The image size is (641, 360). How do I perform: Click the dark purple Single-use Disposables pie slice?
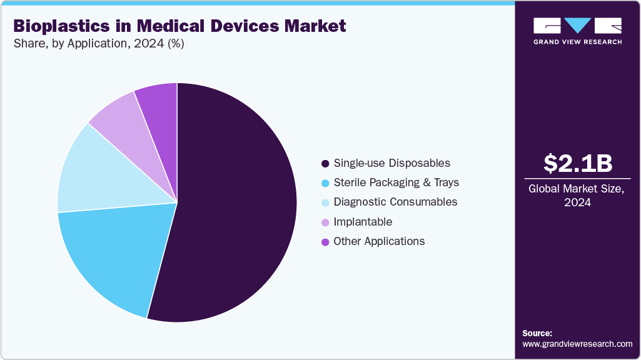(x=238, y=206)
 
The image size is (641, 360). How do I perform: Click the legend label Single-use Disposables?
(x=391, y=163)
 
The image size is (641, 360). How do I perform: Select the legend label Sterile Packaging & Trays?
(x=396, y=182)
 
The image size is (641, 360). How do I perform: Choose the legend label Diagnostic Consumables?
(x=395, y=202)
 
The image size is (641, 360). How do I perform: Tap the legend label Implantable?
(x=363, y=222)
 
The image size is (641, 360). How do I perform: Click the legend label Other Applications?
(x=379, y=241)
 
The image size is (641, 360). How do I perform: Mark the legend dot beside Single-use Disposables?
(x=325, y=164)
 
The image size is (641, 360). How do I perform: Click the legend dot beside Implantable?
(x=325, y=222)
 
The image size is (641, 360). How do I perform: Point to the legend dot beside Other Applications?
(x=325, y=242)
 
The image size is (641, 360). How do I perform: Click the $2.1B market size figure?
(x=577, y=164)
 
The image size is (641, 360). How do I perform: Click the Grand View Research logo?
(x=577, y=31)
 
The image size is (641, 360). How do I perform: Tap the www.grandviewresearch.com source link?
(x=577, y=344)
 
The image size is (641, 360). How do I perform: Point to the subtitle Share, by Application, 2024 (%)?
(x=98, y=44)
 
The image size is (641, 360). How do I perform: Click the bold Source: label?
(x=537, y=333)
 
